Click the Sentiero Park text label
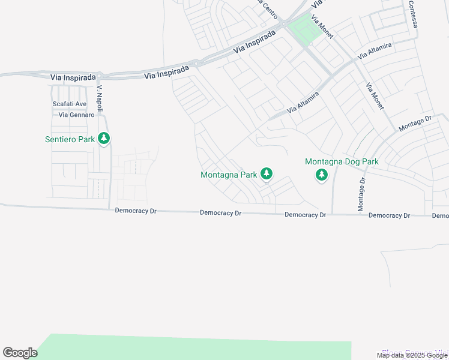tap(70, 139)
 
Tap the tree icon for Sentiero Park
tap(104, 139)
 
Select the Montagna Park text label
tap(229, 175)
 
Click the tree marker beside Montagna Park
tap(267, 174)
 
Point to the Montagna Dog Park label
tap(342, 161)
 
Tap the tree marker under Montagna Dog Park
tap(322, 175)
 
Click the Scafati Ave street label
tap(70, 104)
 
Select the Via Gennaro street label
tap(76, 115)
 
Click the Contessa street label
tap(412, 12)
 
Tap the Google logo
tap(20, 353)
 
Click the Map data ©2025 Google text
tap(412, 355)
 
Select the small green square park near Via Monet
tap(303, 29)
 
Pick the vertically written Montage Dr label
tap(361, 194)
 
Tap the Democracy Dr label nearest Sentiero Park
tap(136, 211)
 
